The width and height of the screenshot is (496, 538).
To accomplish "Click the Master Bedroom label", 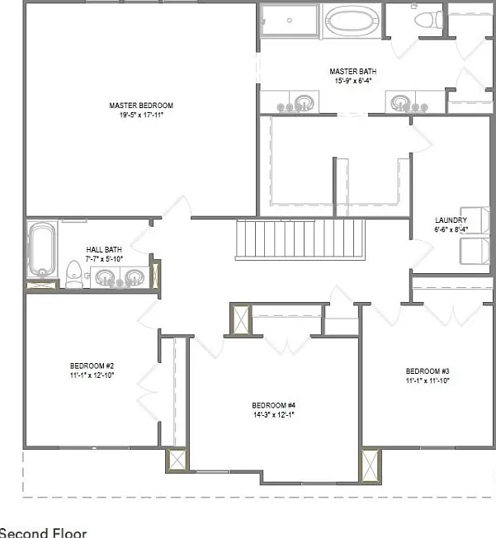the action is (141, 106).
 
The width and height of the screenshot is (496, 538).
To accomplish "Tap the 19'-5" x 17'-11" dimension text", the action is (141, 115).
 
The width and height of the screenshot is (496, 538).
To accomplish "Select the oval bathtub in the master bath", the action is (352, 21).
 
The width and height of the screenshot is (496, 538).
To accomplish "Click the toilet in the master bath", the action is (428, 20).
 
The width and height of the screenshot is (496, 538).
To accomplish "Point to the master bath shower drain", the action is (290, 21).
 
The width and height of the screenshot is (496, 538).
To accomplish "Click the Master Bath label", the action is (353, 71).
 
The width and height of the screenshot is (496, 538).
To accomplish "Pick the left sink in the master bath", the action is (304, 101).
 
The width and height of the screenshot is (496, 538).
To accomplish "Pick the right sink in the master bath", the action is (400, 101).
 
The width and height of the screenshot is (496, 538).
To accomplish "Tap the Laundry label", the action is (451, 220).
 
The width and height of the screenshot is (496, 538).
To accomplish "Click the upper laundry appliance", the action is (475, 220).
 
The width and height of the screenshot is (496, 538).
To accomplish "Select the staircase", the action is (300, 239).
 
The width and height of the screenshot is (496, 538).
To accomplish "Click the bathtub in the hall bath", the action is (42, 249).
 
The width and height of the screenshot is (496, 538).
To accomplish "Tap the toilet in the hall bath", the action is (73, 274).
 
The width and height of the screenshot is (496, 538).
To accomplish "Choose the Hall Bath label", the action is (104, 249).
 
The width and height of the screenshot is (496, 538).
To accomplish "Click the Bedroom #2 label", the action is (92, 366).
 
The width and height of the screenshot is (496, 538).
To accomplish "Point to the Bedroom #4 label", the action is (273, 405).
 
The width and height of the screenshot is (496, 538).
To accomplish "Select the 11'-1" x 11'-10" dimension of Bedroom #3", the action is (428, 380).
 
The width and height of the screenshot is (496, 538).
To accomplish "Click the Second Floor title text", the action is (43, 533).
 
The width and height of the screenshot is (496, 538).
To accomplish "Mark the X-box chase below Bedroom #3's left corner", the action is (371, 465).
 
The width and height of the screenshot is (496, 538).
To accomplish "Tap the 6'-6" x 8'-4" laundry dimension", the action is (451, 229).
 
